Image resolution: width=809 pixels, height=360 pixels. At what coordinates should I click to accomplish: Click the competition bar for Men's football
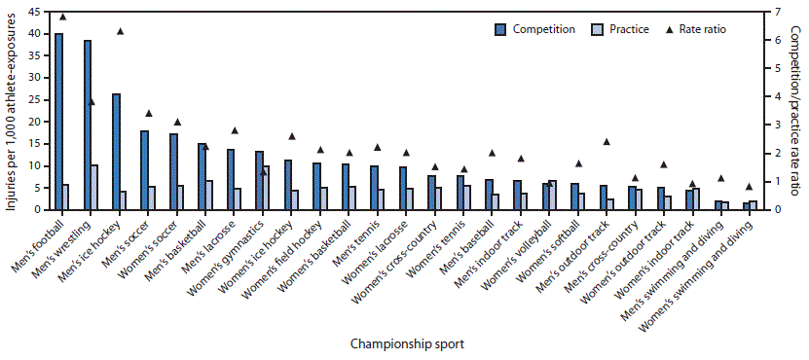[58, 122]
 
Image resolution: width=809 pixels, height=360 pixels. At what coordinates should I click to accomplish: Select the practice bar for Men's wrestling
[94, 187]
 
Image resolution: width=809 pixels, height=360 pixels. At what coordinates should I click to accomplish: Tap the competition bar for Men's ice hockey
[116, 152]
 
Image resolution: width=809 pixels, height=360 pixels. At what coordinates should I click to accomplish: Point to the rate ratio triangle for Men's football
[63, 17]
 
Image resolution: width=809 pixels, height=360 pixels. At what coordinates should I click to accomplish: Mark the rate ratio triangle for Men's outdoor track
[607, 142]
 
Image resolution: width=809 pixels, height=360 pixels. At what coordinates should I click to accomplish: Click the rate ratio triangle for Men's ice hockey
[121, 31]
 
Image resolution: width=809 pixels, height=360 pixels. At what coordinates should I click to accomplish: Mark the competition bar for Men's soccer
[144, 170]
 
